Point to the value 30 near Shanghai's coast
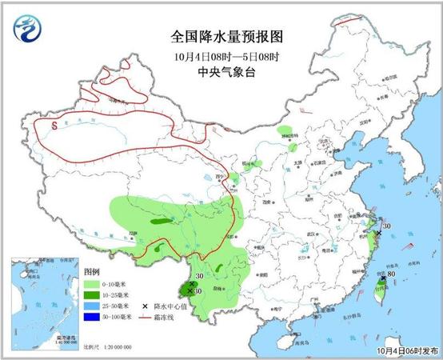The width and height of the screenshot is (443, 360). [386, 226]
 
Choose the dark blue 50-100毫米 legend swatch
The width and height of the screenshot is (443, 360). [90, 318]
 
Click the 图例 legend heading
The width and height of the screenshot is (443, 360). [94, 273]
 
